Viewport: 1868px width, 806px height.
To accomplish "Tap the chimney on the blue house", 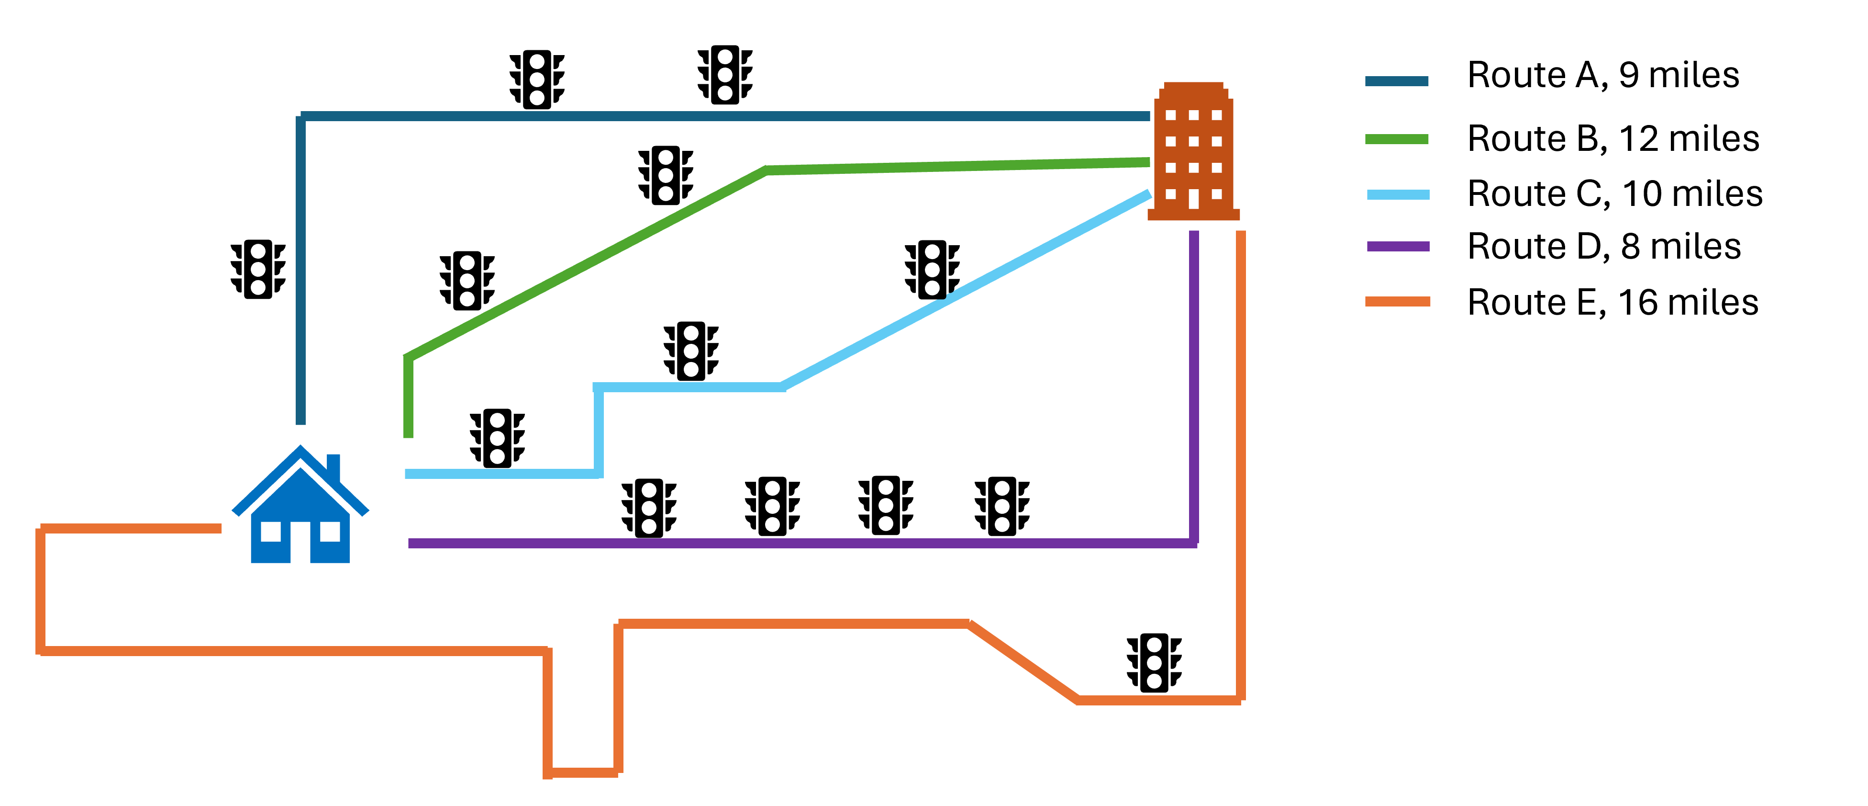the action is (x=334, y=468).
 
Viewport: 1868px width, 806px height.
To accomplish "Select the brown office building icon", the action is (x=1194, y=151).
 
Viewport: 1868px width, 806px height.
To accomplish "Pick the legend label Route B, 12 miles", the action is (x=1613, y=138).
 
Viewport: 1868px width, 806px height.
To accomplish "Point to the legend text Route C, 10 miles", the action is (x=1615, y=193).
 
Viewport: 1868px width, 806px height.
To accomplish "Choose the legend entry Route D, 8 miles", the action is (x=1604, y=247).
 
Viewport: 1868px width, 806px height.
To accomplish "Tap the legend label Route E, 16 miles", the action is (x=1613, y=303).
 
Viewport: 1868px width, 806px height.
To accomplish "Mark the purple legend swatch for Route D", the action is (x=1398, y=247).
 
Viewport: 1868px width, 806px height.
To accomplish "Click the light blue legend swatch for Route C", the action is (x=1398, y=194).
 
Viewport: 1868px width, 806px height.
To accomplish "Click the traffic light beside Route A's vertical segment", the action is (x=258, y=269).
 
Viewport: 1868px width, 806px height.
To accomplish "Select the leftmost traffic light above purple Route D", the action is (x=649, y=508).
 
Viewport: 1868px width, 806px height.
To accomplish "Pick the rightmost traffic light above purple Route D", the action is (x=1002, y=506).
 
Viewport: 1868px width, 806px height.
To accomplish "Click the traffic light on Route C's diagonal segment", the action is (x=933, y=270).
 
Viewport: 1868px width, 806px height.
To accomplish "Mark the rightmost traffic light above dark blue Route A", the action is (x=725, y=75).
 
